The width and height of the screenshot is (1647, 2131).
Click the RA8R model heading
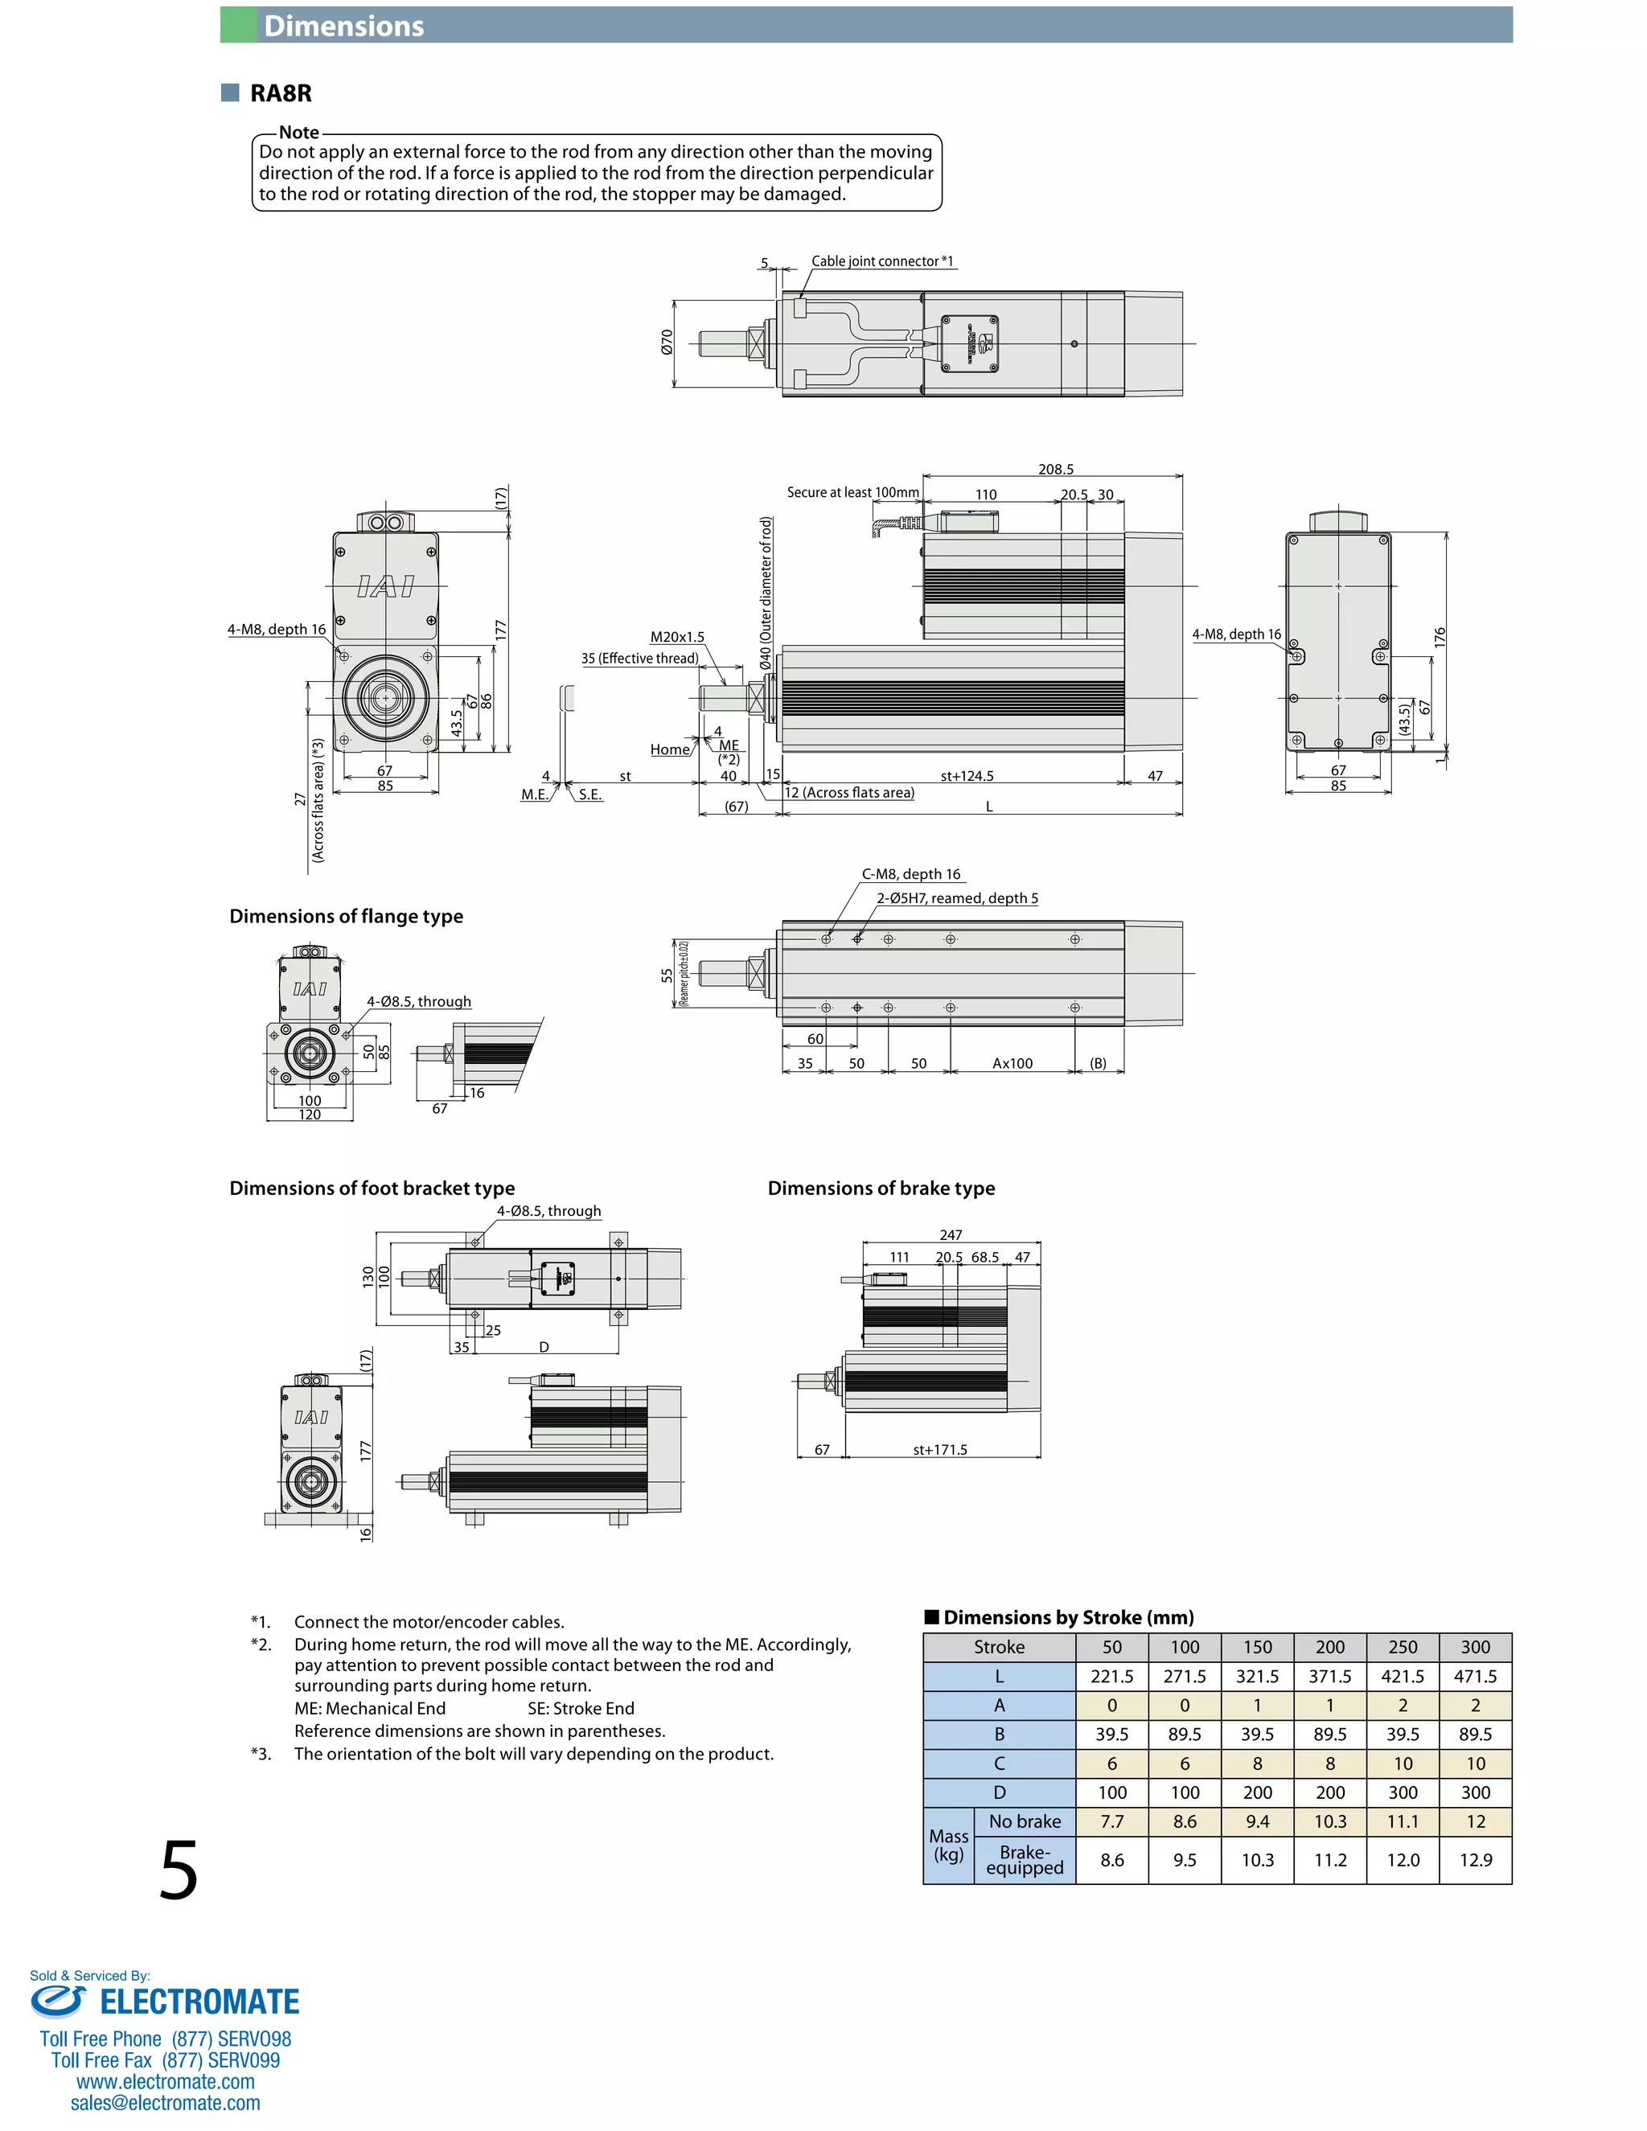(x=280, y=93)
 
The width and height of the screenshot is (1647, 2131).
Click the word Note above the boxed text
(x=298, y=133)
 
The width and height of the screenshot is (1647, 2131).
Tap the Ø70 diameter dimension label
(x=667, y=342)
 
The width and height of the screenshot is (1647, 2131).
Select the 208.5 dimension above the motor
(x=1056, y=470)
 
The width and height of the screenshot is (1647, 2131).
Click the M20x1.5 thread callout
(x=677, y=637)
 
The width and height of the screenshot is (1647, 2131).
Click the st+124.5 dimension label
(x=967, y=777)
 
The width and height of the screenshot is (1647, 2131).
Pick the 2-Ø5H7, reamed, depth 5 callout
(x=957, y=899)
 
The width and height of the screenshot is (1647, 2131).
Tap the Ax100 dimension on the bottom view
(x=1012, y=1064)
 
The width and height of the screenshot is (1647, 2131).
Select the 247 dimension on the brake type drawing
(x=951, y=1235)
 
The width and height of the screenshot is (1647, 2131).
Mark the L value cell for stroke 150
(x=1257, y=1677)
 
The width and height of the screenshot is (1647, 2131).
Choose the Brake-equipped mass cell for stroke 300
(x=1475, y=1860)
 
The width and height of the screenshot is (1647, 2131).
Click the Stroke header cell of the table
(x=999, y=1647)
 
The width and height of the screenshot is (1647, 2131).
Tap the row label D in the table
(x=999, y=1792)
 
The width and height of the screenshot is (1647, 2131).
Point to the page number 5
(x=179, y=1870)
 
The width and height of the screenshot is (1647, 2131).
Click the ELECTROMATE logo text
(x=199, y=2002)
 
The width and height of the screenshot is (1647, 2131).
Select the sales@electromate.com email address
(x=165, y=2103)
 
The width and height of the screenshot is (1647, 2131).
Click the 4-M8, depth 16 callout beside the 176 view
(x=1236, y=634)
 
